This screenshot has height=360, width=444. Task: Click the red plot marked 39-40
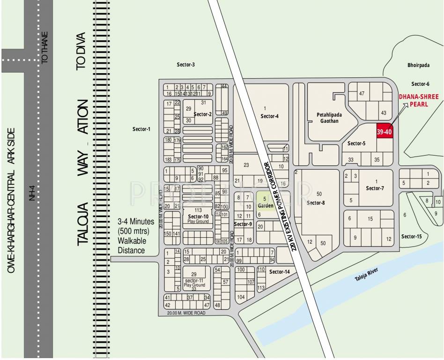coord(384,132)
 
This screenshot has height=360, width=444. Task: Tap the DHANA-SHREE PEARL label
coord(419,101)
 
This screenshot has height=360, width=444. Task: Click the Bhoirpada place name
coord(418,66)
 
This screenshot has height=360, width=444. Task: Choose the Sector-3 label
coord(185,65)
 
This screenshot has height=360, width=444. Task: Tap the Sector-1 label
coord(141,129)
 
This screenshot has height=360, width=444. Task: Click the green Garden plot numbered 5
coord(266,202)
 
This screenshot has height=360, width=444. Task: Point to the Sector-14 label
coord(280,272)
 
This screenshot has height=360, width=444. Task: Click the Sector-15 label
coord(412,237)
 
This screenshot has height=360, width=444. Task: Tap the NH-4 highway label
coord(32,192)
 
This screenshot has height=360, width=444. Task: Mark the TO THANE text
coord(45,47)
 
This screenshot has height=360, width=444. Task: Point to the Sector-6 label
coord(420,84)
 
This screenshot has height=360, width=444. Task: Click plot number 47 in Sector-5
coord(362,94)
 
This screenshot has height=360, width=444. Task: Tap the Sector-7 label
coord(375,188)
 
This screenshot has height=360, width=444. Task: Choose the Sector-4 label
coord(270,116)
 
